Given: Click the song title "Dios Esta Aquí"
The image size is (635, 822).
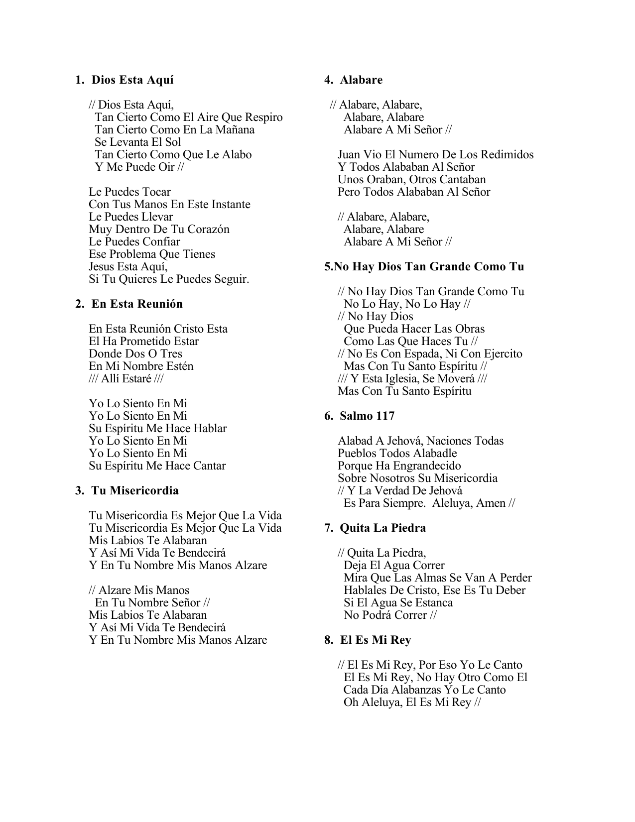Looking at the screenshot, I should tap(132, 80).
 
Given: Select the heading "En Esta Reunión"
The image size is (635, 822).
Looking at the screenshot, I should tap(137, 304).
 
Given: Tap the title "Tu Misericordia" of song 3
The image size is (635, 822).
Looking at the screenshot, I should tap(134, 491).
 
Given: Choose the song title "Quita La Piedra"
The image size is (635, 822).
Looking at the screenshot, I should tap(382, 528).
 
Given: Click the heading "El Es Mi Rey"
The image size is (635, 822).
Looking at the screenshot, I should tap(376, 640).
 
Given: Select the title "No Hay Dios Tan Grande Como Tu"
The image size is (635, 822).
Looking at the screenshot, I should tap(428, 267).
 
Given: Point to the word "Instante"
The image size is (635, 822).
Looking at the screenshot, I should tap(231, 205).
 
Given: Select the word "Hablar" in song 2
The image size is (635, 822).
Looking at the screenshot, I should tap(209, 429).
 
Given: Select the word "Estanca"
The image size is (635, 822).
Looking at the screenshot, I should tap(432, 603).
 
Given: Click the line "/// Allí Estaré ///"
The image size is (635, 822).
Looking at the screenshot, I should tap(126, 379).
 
